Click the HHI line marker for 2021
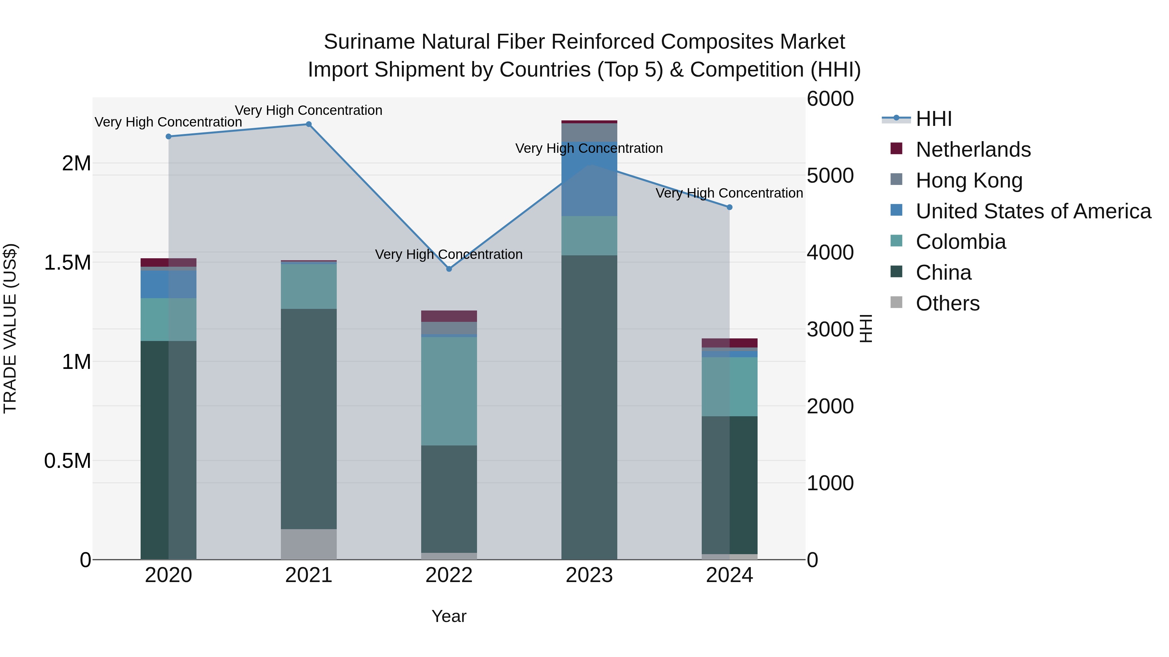308,124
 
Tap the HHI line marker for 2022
449,269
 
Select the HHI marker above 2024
729,207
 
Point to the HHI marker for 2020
168,137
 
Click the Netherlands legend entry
973,150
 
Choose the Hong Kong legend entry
969,180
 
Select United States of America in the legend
1033,211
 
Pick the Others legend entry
948,303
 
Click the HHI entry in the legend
934,119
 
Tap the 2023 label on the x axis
589,575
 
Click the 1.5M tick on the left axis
67,262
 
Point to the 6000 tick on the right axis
830,99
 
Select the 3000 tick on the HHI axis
830,329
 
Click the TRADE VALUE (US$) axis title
10,328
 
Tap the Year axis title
449,616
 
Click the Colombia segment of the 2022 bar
449,391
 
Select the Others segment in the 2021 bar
308,544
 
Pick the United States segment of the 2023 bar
589,179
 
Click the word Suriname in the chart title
370,42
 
